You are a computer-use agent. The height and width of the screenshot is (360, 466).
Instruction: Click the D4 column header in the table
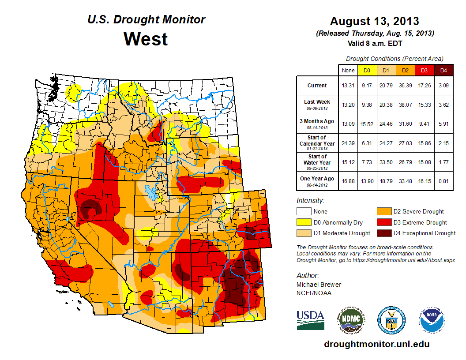[x=443, y=70]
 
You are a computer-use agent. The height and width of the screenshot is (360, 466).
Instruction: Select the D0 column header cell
[x=367, y=70]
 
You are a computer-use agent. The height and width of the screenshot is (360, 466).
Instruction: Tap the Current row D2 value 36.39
[x=406, y=86]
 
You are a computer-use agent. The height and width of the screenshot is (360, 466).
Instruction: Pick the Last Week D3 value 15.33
[x=425, y=105]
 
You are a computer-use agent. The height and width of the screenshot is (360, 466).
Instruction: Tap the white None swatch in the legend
[x=303, y=212]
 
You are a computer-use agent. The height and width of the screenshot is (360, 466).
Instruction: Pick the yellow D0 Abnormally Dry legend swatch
[x=303, y=222]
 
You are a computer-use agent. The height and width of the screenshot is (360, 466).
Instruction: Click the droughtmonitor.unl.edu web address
[x=376, y=344]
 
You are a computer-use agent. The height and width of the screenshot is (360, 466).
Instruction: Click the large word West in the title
[x=146, y=39]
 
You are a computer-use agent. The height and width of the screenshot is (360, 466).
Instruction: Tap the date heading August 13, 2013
[x=375, y=21]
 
